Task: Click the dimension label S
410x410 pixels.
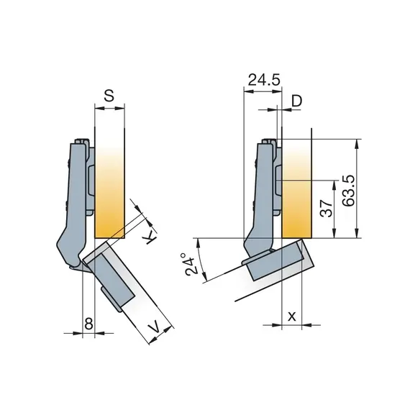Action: point(109,94)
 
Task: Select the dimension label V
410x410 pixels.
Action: point(154,329)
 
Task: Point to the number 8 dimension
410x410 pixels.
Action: point(88,324)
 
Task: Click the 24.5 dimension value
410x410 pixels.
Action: point(263,81)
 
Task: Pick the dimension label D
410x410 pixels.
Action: point(296,101)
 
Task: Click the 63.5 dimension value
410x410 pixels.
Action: point(350,190)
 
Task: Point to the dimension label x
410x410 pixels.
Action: point(291,316)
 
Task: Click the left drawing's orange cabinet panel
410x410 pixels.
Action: point(110,194)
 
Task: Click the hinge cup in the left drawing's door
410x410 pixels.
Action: point(115,277)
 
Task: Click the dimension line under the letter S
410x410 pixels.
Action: point(109,109)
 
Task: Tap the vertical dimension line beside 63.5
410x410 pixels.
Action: point(357,188)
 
